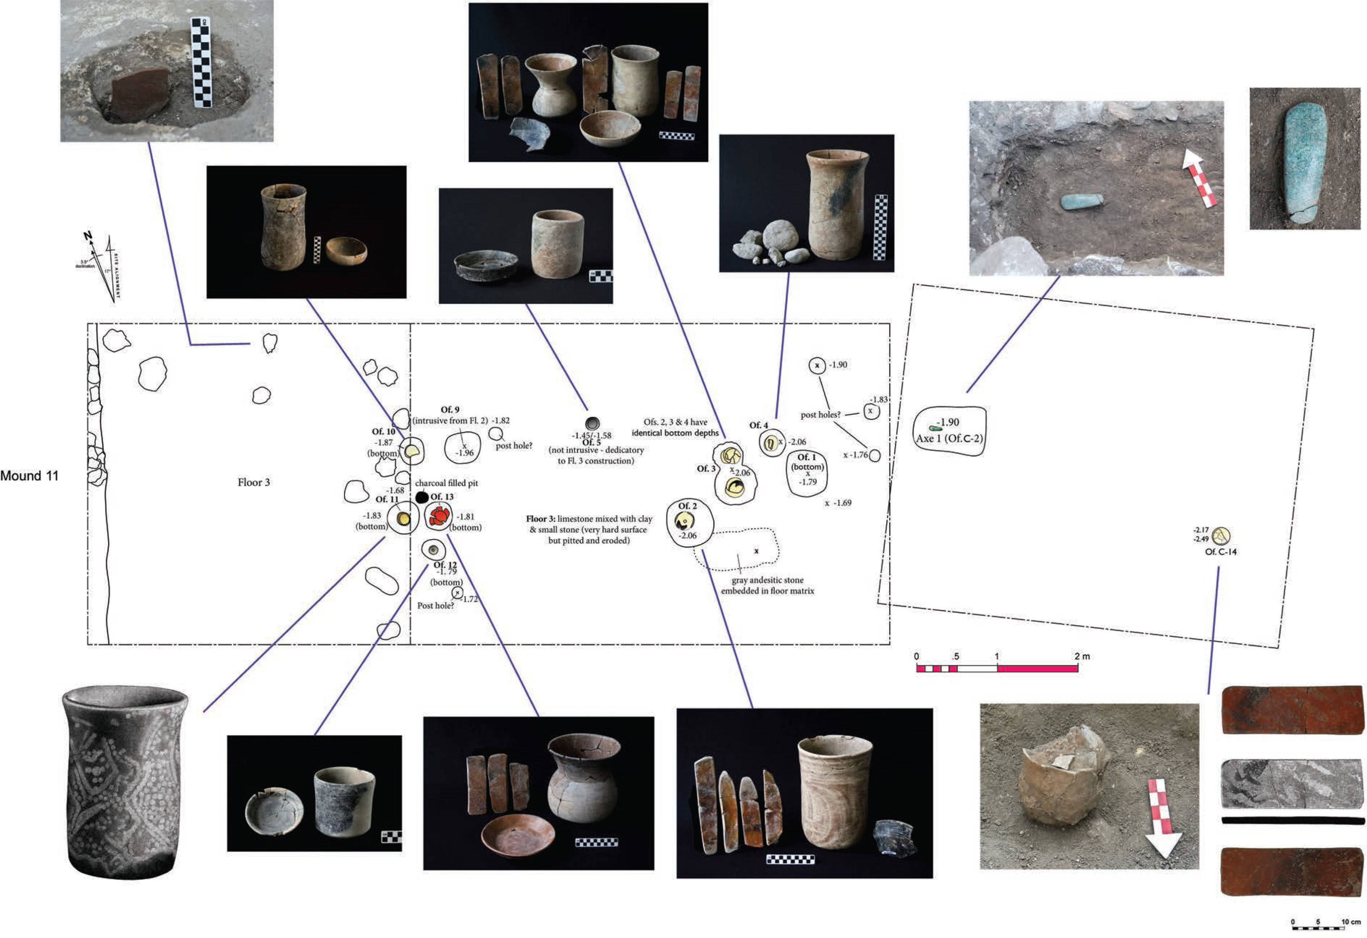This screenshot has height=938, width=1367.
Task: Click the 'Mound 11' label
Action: [x=30, y=476]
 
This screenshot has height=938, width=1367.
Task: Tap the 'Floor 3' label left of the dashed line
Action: [x=254, y=482]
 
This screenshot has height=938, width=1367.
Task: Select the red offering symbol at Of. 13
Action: [x=439, y=516]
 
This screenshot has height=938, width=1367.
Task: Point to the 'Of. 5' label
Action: [x=591, y=442]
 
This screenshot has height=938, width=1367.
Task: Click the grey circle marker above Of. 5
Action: [x=592, y=423]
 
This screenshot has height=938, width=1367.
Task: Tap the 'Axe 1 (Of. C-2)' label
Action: [x=949, y=438]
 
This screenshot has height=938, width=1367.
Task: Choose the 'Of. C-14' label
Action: [x=1221, y=552]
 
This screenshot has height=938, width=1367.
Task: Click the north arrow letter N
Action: [x=88, y=236]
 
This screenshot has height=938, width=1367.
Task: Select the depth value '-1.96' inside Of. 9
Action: [x=465, y=453]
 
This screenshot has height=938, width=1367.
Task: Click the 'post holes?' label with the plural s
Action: [x=820, y=415]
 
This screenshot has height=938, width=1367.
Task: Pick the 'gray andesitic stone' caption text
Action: [x=767, y=580]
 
